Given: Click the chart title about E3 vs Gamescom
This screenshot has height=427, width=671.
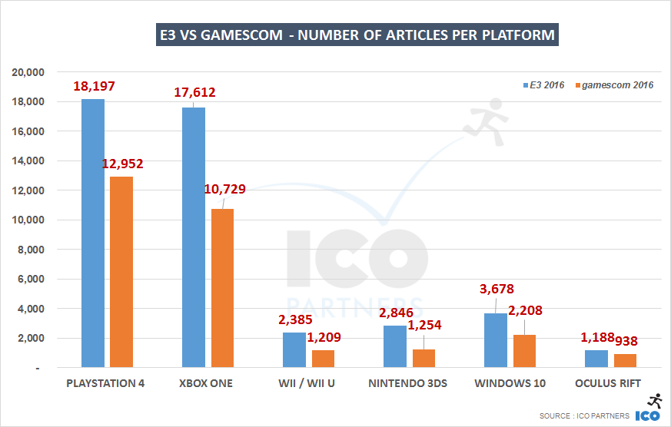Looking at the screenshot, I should point(357,35).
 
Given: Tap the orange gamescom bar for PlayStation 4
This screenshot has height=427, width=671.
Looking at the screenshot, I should point(121,272).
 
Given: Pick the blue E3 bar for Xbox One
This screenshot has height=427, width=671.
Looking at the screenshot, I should point(193,237).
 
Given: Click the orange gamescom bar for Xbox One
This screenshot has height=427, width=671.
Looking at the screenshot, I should point(222,288).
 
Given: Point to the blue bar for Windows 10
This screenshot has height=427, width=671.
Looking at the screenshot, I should point(495,340).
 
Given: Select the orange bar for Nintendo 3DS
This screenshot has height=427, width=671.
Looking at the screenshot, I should point(424,358).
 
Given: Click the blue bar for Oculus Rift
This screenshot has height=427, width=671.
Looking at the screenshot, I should point(596,359).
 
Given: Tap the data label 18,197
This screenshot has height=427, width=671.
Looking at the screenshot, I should point(94,87).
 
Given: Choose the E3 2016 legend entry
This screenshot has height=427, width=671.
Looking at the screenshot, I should point(543,84).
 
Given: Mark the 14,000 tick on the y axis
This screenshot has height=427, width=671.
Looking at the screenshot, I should point(28,161).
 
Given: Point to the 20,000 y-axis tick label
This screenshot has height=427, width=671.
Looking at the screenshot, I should point(28,72).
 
